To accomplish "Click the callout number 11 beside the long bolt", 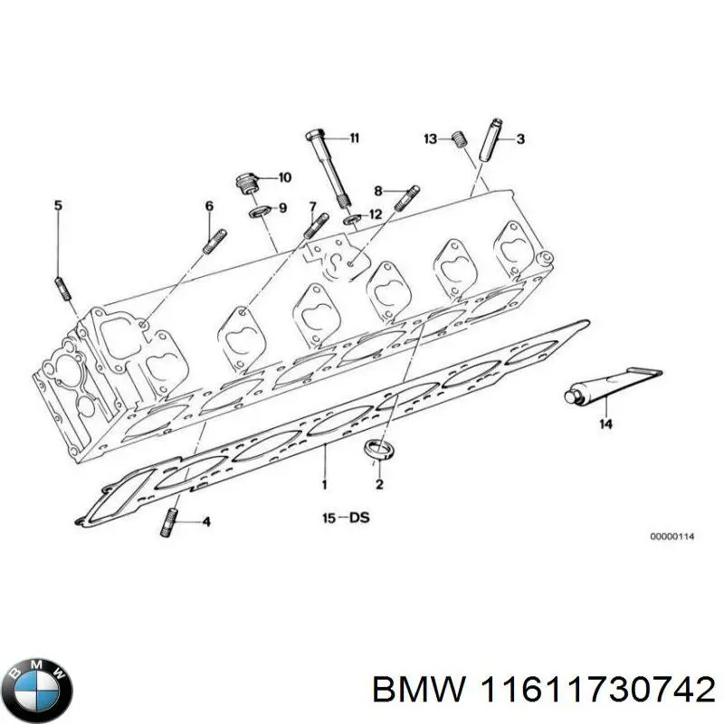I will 354,138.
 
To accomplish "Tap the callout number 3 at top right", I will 520,138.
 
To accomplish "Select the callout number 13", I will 431,138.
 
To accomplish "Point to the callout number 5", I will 58,206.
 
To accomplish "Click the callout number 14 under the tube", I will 604,423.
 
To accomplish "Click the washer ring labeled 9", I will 259,211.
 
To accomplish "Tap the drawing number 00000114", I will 671,537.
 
